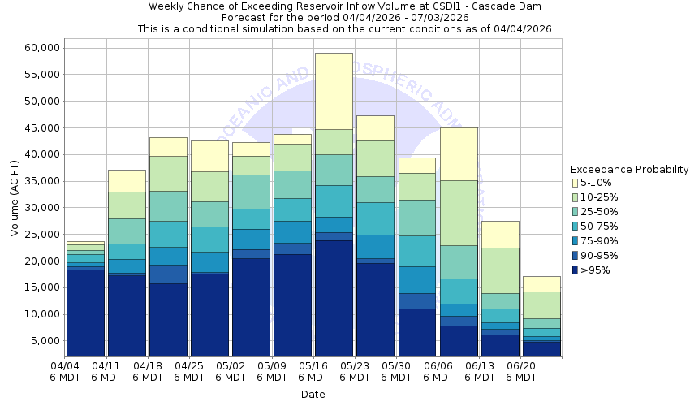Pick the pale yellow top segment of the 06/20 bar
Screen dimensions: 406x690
click(x=541, y=283)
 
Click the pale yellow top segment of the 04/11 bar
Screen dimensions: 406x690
click(x=127, y=180)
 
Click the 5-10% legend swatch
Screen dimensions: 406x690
click(x=576, y=183)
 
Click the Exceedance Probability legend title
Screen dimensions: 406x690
click(x=629, y=170)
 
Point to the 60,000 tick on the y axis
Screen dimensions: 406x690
click(x=38, y=48)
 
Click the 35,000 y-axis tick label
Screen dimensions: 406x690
click(x=38, y=181)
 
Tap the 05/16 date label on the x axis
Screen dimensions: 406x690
click(x=313, y=371)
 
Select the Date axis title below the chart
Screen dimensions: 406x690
click(x=313, y=395)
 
